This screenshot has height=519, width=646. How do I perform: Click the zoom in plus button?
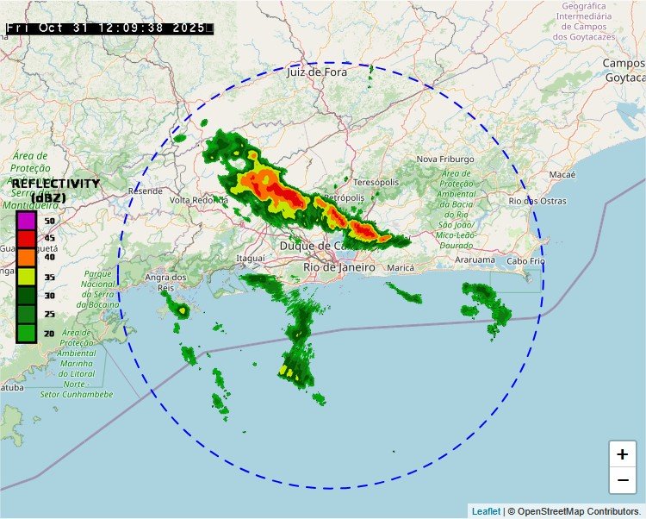pyautogui.click(x=622, y=454)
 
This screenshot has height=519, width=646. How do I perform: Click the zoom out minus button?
pyautogui.click(x=622, y=479)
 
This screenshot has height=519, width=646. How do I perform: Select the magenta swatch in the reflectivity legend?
pyautogui.click(x=26, y=221)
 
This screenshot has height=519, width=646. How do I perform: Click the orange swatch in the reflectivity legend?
pyautogui.click(x=26, y=257)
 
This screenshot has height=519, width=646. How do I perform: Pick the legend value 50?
pyautogui.click(x=50, y=222)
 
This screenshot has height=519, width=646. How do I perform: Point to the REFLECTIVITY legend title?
pyautogui.click(x=55, y=184)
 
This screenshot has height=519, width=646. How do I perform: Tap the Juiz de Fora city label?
pyautogui.click(x=316, y=72)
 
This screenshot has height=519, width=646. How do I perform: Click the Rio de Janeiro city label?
pyautogui.click(x=339, y=267)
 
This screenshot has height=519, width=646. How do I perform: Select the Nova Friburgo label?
pyautogui.click(x=445, y=159)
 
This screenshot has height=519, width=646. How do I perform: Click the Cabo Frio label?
pyautogui.click(x=525, y=260)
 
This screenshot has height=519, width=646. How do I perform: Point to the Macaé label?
pyautogui.click(x=562, y=174)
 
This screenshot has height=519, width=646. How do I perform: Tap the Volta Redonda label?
pyautogui.click(x=199, y=200)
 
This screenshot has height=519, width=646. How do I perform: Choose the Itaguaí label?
pyautogui.click(x=250, y=259)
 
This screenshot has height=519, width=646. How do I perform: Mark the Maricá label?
pyautogui.click(x=401, y=268)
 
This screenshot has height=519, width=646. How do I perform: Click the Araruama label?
pyautogui.click(x=475, y=259)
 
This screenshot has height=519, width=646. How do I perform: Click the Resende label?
pyautogui.click(x=145, y=191)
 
